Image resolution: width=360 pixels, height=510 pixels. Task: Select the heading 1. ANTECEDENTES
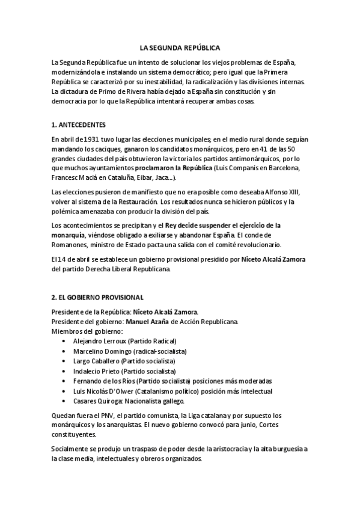pyautogui.click(x=78, y=124)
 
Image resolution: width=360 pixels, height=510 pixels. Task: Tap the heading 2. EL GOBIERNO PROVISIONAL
pyautogui.click(x=97, y=297)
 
